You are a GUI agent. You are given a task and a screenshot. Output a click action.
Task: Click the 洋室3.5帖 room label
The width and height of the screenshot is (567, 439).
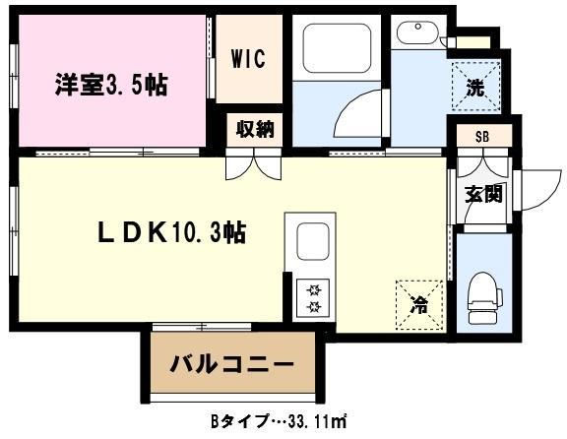[x=110, y=85]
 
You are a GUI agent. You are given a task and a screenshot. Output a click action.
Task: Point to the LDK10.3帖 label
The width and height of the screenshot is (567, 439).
[x=170, y=232]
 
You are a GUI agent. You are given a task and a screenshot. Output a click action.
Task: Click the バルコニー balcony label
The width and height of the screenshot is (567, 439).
[x=233, y=366]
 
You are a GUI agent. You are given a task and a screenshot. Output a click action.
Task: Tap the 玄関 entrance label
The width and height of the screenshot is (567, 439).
[x=483, y=193]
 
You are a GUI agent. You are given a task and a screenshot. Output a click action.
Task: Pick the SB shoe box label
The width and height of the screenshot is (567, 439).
[x=482, y=137]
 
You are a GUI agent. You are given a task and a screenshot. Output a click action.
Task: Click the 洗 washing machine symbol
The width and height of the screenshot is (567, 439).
[x=474, y=85]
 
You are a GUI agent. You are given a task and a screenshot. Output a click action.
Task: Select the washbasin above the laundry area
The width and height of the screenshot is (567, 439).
[x=416, y=35]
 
